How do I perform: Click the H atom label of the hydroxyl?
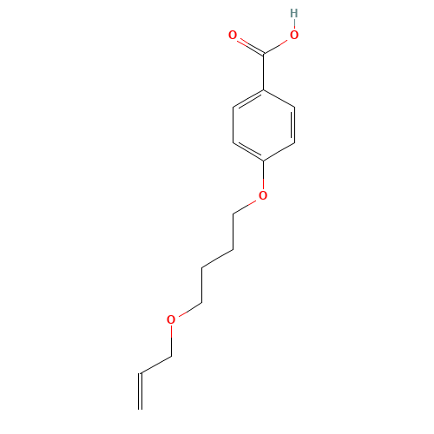tap(293, 14)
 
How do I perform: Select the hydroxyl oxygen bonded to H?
tap(293, 36)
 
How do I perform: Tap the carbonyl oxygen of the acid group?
tap(233, 36)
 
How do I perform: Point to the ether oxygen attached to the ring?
tap(263, 195)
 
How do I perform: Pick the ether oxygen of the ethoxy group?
tap(171, 319)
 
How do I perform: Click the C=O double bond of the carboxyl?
tap(247, 44)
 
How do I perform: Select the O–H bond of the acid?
tap(293, 25)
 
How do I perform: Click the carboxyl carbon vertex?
tap(263, 54)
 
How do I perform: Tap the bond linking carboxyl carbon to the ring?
tap(263, 71)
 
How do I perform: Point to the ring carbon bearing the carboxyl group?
tap(263, 89)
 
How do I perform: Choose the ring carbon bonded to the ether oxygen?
tap(263, 161)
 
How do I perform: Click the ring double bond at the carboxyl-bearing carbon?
tap(248, 99)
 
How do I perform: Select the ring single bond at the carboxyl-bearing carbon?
tap(279, 98)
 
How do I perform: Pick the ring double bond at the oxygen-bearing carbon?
tap(248, 151)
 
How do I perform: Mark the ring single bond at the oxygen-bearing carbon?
tap(279, 152)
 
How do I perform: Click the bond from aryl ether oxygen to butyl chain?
tap(246, 205)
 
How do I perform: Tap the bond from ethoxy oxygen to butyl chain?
tap(187, 311)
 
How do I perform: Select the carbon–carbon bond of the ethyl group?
tap(156, 364)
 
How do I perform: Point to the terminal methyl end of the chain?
tap(141, 373)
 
